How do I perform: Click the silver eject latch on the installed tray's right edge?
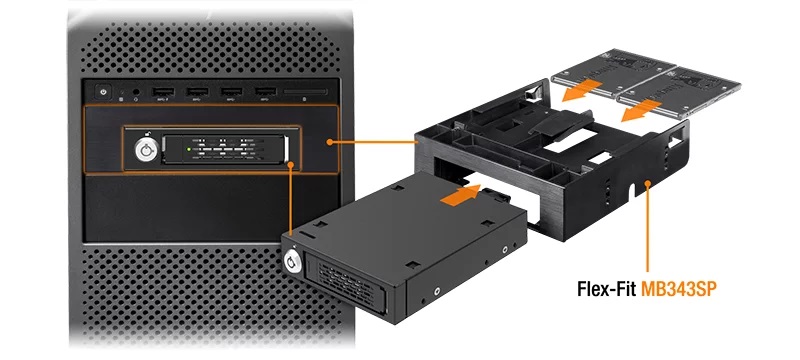coord(289,149)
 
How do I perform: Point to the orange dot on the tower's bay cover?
coord(330,143)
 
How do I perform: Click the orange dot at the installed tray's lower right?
coord(290,165)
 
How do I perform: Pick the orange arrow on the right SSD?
coord(640,108)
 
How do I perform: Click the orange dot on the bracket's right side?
coord(649,183)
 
